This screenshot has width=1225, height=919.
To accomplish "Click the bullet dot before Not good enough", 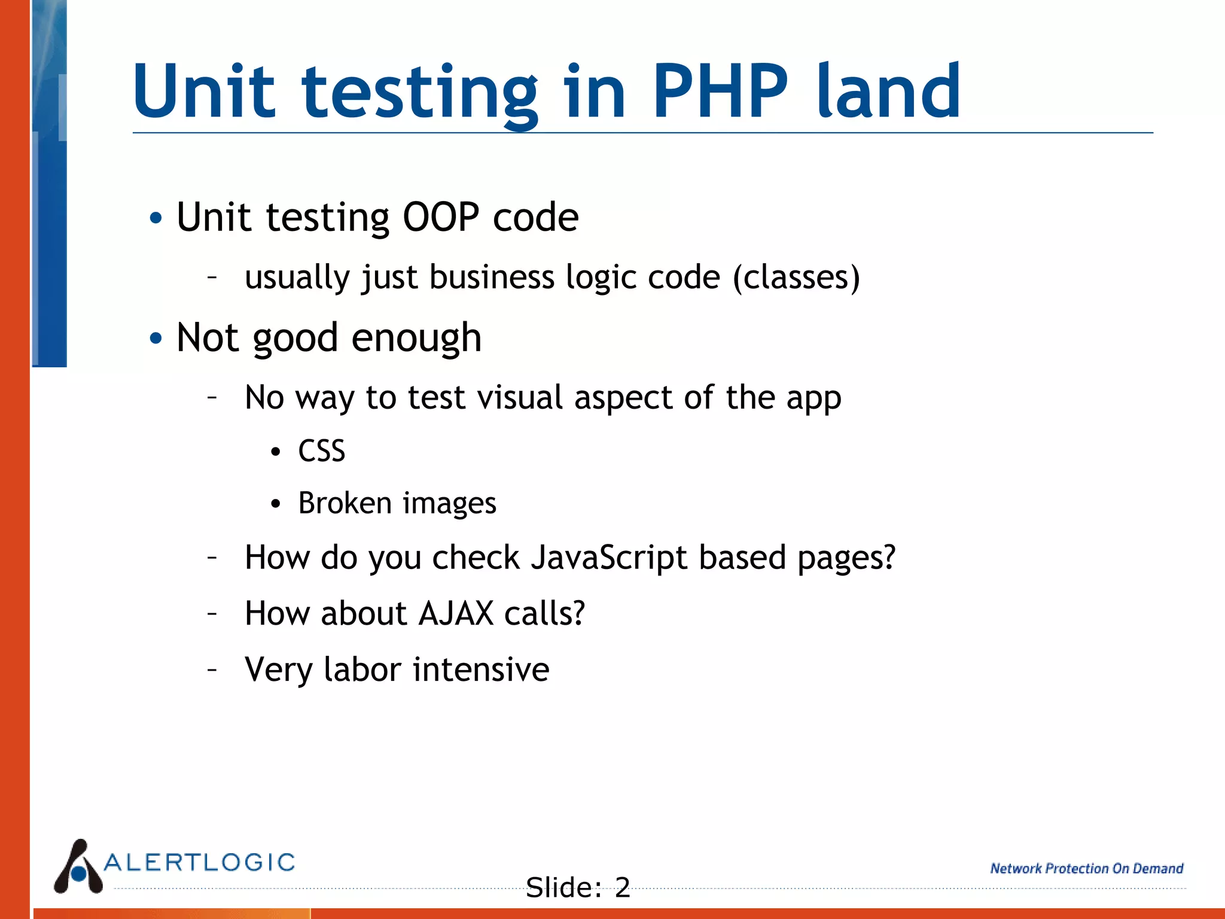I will coord(156,339).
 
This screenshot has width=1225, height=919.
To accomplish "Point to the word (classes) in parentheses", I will coord(797,278).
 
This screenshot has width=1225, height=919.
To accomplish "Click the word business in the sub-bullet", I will coord(492,278).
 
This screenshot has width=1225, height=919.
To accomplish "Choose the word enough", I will coord(416,339).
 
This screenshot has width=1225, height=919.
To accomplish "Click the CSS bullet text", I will coord(322,451).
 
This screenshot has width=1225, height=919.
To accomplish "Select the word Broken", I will coord(345,503).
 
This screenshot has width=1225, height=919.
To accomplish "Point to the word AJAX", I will coord(456,613).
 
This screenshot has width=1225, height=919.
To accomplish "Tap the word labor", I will coord(362,669).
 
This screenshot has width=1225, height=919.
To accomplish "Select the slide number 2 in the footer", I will coord(622,887).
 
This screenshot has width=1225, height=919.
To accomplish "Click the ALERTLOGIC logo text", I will coord(200,862).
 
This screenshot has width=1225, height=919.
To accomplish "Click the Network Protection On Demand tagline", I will coord(1086,868).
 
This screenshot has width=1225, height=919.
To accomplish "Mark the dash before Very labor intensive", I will coord(212,669).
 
